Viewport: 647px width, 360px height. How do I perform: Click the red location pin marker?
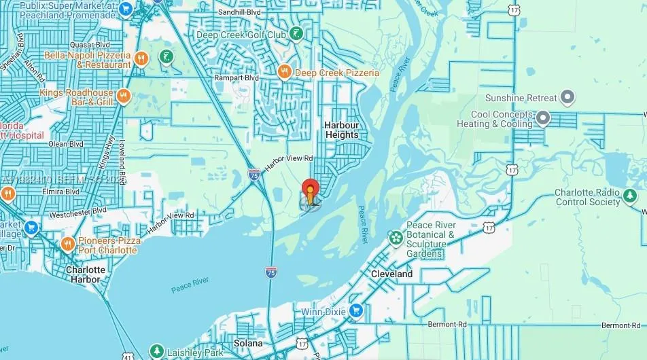pyautogui.click(x=310, y=190)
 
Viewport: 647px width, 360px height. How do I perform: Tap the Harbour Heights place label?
pyautogui.click(x=341, y=130)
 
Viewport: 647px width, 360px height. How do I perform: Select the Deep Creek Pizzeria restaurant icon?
pyautogui.click(x=285, y=71)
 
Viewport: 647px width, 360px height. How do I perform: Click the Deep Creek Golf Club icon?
pyautogui.click(x=296, y=33)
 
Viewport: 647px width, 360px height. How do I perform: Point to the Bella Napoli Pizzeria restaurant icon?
pyautogui.click(x=141, y=58)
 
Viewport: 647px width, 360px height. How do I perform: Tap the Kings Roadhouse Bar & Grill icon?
pyautogui.click(x=123, y=96)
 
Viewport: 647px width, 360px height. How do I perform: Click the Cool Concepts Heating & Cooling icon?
pyautogui.click(x=542, y=119)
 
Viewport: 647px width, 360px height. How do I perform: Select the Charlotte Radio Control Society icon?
pyautogui.click(x=630, y=196)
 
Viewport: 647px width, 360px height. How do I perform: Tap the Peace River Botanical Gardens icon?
pyautogui.click(x=396, y=237)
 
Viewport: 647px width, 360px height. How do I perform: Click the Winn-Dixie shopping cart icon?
pyautogui.click(x=356, y=311)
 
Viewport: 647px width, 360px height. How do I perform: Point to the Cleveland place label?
pyautogui.click(x=391, y=274)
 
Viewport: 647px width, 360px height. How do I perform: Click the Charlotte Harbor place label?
pyautogui.click(x=86, y=274)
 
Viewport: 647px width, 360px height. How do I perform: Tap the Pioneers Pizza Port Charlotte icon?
pyautogui.click(x=67, y=244)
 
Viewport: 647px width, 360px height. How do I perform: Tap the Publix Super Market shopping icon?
pyautogui.click(x=125, y=9)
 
